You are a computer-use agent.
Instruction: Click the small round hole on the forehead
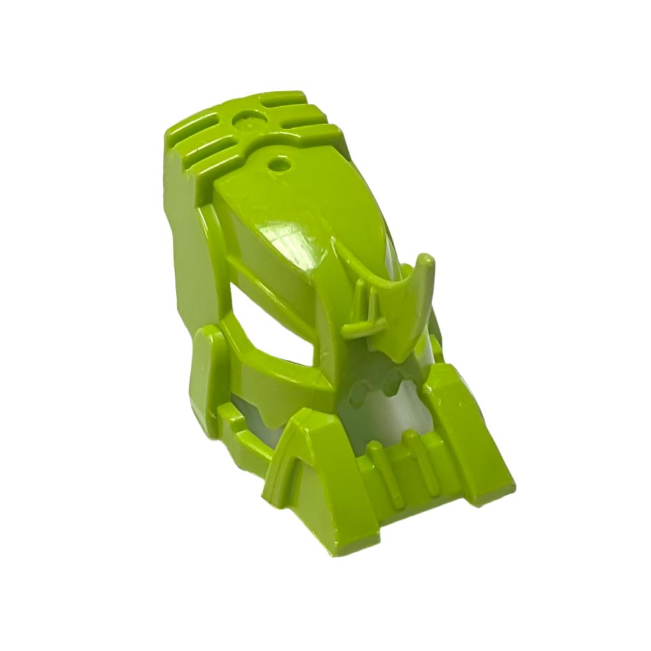pyautogui.click(x=279, y=163)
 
